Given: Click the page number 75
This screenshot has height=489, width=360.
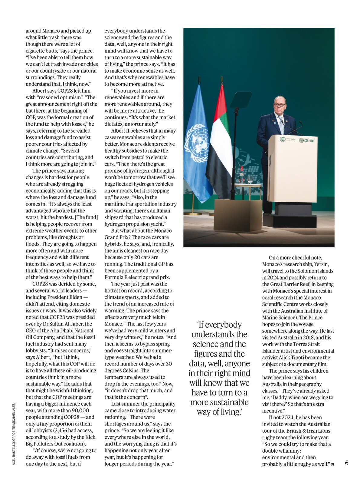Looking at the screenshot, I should pyautogui.click(x=347, y=463).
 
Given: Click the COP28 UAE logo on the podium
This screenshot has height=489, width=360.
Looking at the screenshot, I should pyautogui.click(x=306, y=140).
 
